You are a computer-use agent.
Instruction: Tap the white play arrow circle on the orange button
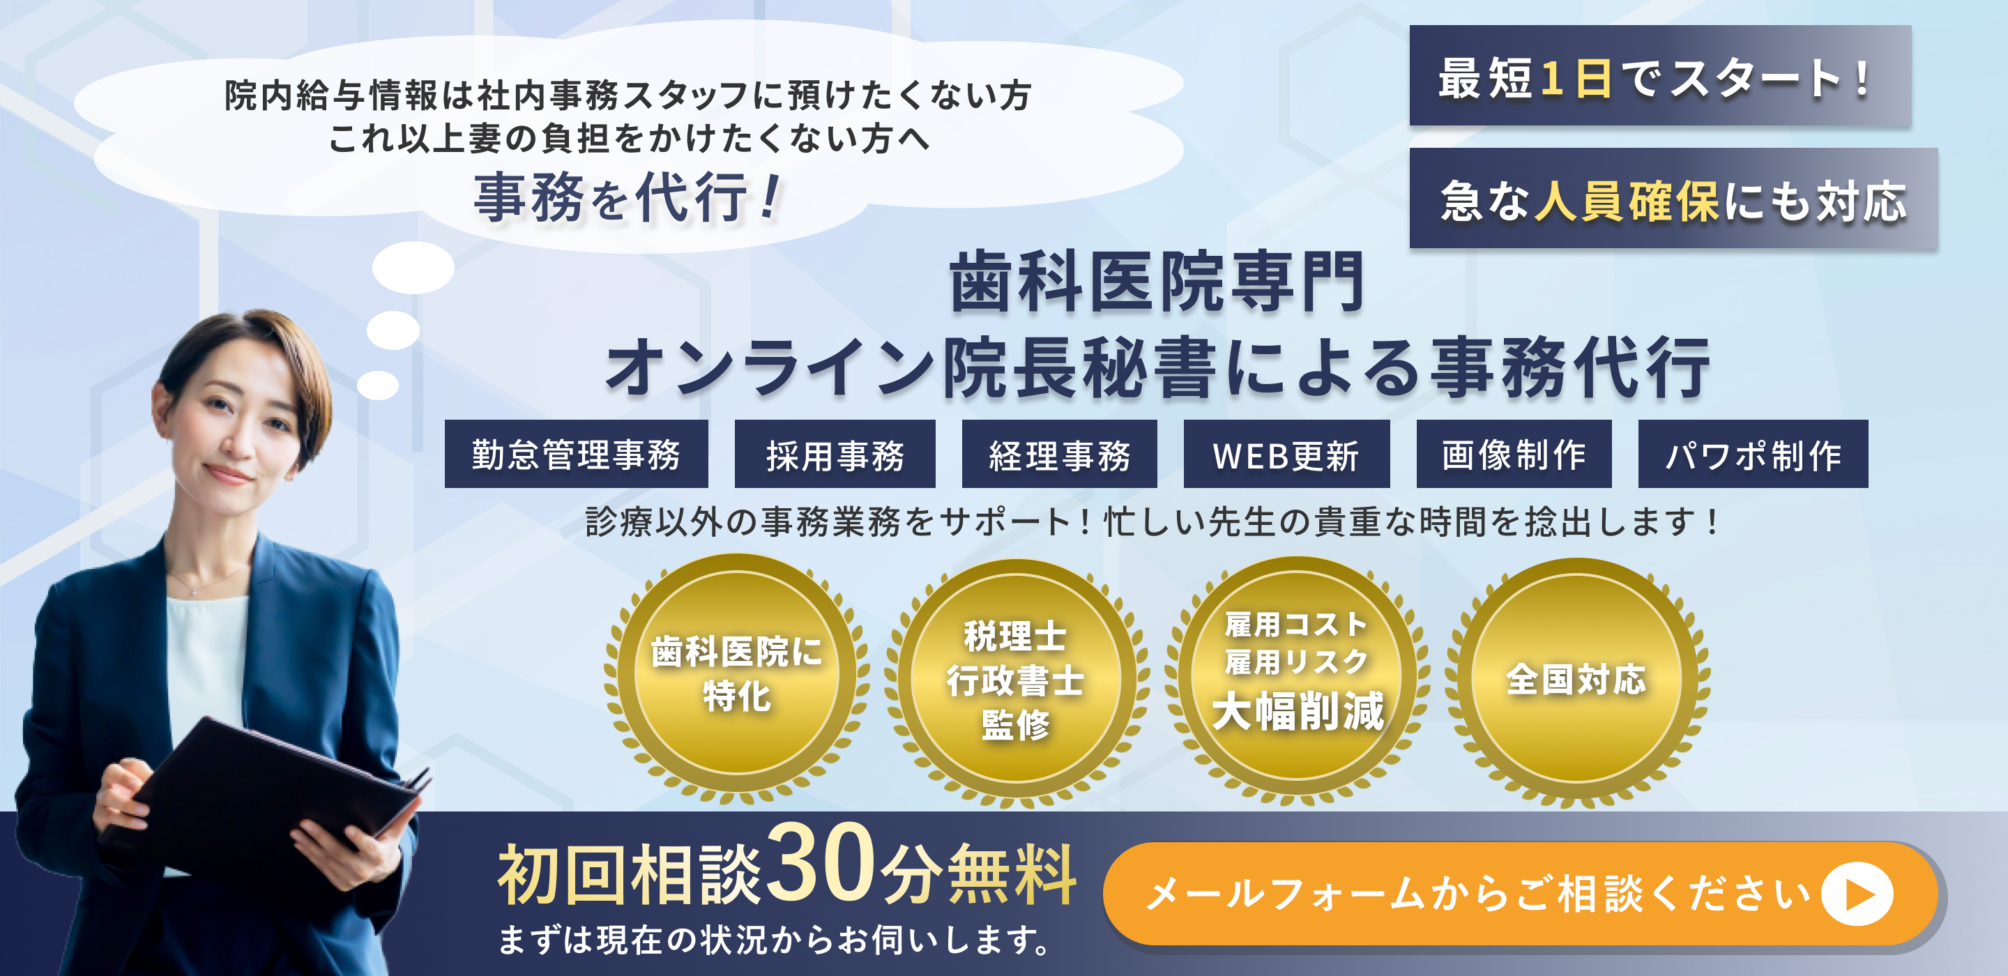pyautogui.click(x=1857, y=894)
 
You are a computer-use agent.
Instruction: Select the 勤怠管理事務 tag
pyautogui.click(x=576, y=455)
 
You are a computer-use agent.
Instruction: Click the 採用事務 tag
pyautogui.click(x=835, y=455)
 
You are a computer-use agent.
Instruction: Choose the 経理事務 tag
pyautogui.click(x=1059, y=455)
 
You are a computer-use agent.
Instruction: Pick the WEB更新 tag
pyautogui.click(x=1286, y=455)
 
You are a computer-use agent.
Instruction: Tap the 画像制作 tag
pyautogui.click(x=1514, y=455)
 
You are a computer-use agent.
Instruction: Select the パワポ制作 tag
pyautogui.click(x=1753, y=455)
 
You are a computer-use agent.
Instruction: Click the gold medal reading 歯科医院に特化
pyautogui.click(x=737, y=674)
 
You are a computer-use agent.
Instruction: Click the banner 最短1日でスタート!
pyautogui.click(x=1660, y=77)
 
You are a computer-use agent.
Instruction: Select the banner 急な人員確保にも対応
pyautogui.click(x=1673, y=199)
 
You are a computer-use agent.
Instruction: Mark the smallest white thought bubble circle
pyautogui.click(x=378, y=385)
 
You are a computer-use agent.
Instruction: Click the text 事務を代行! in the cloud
pyautogui.click(x=627, y=197)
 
